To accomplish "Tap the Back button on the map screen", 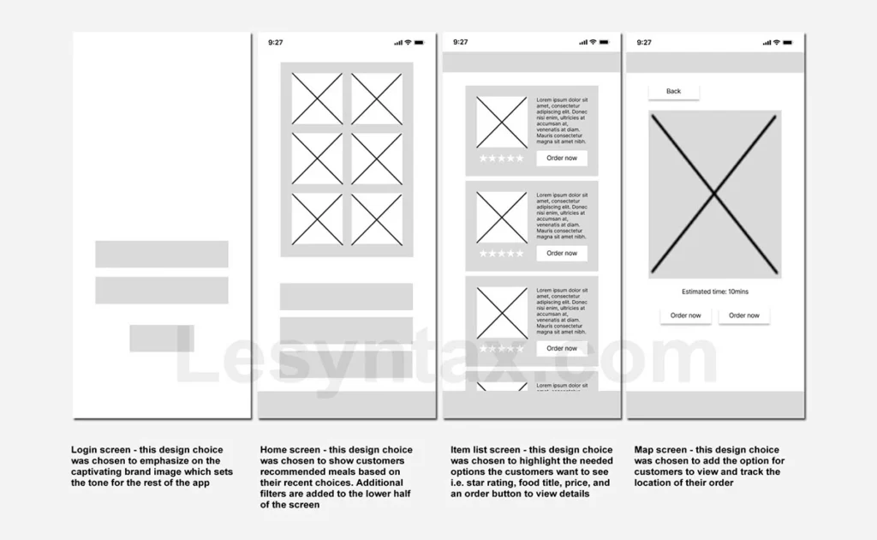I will pos(674,91).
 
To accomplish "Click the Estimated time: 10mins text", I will pos(715,291).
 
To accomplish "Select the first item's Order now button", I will pos(562,158).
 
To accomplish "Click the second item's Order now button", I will pos(562,253).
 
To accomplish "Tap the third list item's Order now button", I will pos(562,348).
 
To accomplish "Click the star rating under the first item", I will pos(501,159).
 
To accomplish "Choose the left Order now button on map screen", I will pos(685,315).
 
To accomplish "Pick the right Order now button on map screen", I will pos(743,315).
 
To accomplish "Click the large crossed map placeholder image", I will pos(714,194).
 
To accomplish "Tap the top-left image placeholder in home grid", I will pos(317,99).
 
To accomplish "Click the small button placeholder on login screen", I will pos(161,339).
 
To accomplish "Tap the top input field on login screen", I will pos(161,254).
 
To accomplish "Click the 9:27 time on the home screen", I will pos(276,42).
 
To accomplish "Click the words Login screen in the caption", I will pos(99,450).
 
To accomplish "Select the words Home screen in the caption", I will pos(289,450).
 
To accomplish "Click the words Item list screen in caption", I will pos(485,450).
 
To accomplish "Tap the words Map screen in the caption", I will pos(660,450).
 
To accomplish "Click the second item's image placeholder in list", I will pos(502,218).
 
